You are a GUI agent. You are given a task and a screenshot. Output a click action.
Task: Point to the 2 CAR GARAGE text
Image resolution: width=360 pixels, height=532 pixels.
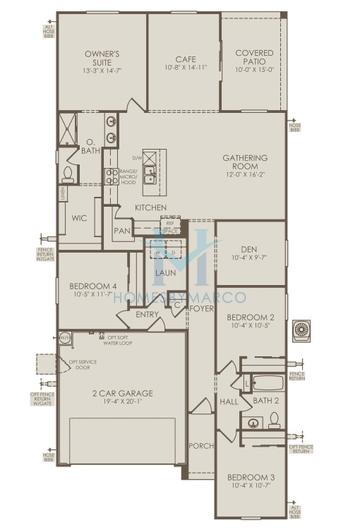[121, 393]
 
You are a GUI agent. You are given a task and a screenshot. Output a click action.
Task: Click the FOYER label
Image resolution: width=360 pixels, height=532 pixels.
[201, 309]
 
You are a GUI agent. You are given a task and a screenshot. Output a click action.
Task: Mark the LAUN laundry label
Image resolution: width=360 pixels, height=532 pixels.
[165, 271]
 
